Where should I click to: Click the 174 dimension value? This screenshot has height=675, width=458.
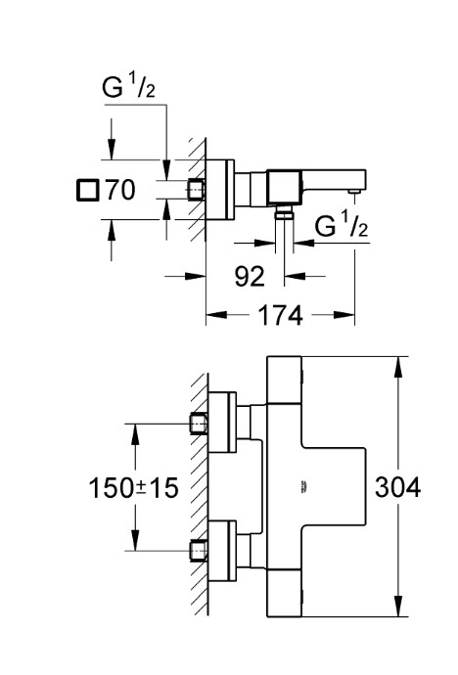click(280, 315)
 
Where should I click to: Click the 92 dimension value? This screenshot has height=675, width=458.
click(250, 276)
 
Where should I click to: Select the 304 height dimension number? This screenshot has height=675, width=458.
click(397, 487)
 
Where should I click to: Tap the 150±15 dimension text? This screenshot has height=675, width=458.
click(133, 488)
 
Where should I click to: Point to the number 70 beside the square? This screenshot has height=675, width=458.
click(120, 190)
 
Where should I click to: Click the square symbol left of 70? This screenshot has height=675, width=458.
click(88, 191)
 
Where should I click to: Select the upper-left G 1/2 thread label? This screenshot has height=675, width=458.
click(128, 86)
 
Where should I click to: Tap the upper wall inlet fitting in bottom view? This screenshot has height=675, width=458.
click(199, 424)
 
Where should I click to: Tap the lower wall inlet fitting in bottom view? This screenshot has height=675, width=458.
click(199, 550)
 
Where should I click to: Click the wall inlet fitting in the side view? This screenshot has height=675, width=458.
click(196, 190)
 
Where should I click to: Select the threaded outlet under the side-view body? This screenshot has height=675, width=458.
click(284, 211)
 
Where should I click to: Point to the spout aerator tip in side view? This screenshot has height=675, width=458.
click(354, 191)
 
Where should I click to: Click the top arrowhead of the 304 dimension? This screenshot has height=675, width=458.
click(398, 367)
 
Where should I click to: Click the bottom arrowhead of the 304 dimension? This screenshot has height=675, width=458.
click(398, 607)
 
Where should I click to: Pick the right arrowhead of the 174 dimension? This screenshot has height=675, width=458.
click(343, 315)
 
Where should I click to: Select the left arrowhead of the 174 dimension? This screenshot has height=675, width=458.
click(216, 315)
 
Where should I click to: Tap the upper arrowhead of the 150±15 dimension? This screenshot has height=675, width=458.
click(135, 434)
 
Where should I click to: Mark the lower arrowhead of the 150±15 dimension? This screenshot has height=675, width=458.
click(135, 539)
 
